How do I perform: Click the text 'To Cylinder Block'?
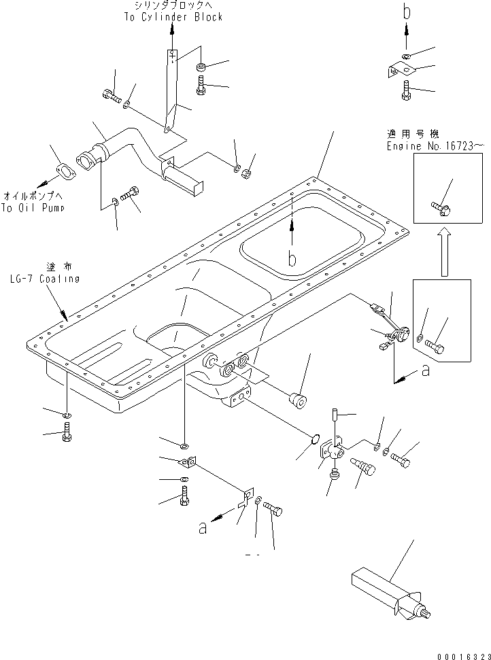click(173, 17)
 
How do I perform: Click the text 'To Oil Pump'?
click(33, 209)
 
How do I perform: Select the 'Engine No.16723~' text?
click(436, 145)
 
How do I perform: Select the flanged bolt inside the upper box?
click(440, 207)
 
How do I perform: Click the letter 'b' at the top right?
click(407, 12)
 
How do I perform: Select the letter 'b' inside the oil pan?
click(292, 258)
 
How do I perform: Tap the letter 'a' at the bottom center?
click(202, 528)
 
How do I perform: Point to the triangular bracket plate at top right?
click(401, 70)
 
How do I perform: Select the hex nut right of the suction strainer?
click(247, 175)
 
